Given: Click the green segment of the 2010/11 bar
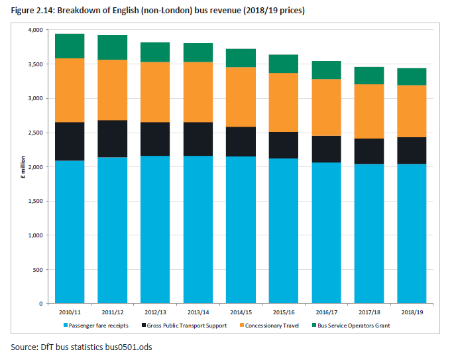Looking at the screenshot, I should pos(70,46).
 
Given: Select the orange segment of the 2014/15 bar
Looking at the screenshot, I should pos(241,97).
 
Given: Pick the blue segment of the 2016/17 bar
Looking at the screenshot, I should pos(326,233).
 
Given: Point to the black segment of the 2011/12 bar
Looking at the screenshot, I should pos(112,139).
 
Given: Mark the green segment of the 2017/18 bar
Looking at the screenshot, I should pos(368,76).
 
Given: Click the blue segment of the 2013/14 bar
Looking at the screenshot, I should pos(198,229).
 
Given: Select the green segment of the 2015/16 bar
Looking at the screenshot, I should pos(283,64).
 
